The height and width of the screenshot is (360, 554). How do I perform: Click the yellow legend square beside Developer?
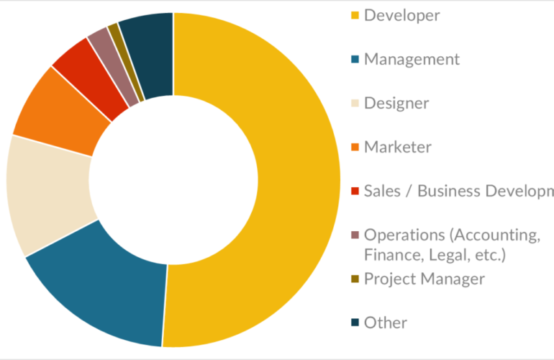tap(355, 15)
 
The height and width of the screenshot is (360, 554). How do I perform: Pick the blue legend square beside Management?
tap(355, 59)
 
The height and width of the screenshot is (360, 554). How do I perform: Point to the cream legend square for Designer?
tap(355, 104)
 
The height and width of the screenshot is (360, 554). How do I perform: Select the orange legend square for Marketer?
tap(355, 148)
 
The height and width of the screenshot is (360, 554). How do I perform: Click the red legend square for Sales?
tap(355, 192)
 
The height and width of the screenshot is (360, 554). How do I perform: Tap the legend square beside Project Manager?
tap(355, 279)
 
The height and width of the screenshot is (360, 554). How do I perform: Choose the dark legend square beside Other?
tap(355, 323)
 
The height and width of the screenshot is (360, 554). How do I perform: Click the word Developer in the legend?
tap(402, 15)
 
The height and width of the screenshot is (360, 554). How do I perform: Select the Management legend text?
tap(412, 59)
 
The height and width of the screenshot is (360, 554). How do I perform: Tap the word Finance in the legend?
tap(391, 254)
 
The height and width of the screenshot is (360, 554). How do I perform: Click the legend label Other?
tap(386, 323)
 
